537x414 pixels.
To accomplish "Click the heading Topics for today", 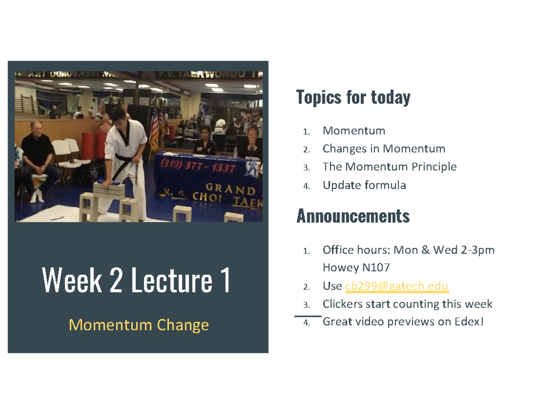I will click(353, 97).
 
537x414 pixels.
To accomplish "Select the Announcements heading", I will click(353, 217).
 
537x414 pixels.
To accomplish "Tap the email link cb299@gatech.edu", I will click(397, 286).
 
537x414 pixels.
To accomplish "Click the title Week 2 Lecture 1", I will click(136, 280).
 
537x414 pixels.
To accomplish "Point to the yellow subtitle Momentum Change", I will click(139, 325).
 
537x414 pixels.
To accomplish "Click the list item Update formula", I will click(364, 185).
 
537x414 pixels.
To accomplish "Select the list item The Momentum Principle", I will click(389, 167).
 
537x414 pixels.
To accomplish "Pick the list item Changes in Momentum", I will click(384, 149).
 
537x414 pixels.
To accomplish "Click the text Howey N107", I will click(356, 268).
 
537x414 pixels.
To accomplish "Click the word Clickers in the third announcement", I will click(342, 304).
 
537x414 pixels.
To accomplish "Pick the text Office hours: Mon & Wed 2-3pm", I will click(409, 250).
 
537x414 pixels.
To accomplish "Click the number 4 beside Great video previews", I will click(306, 322).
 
